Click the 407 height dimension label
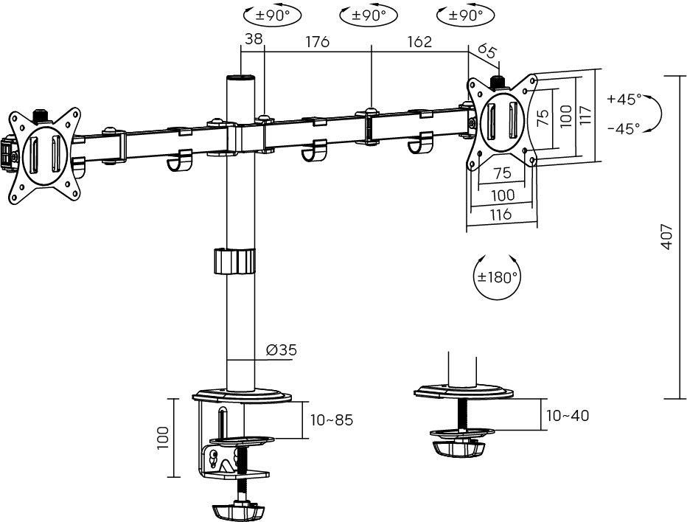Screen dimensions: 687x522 [666, 237]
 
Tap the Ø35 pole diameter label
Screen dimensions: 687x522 [282, 349]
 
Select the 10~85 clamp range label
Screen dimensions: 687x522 [332, 420]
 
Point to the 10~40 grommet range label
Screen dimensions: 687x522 [568, 415]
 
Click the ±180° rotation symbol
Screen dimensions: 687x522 [498, 276]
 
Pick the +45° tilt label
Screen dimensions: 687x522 [624, 99]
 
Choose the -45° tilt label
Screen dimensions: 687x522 [624, 128]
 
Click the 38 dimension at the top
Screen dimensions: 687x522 [254, 39]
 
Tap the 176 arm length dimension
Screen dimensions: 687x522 [317, 41]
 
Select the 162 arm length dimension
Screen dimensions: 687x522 [419, 41]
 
